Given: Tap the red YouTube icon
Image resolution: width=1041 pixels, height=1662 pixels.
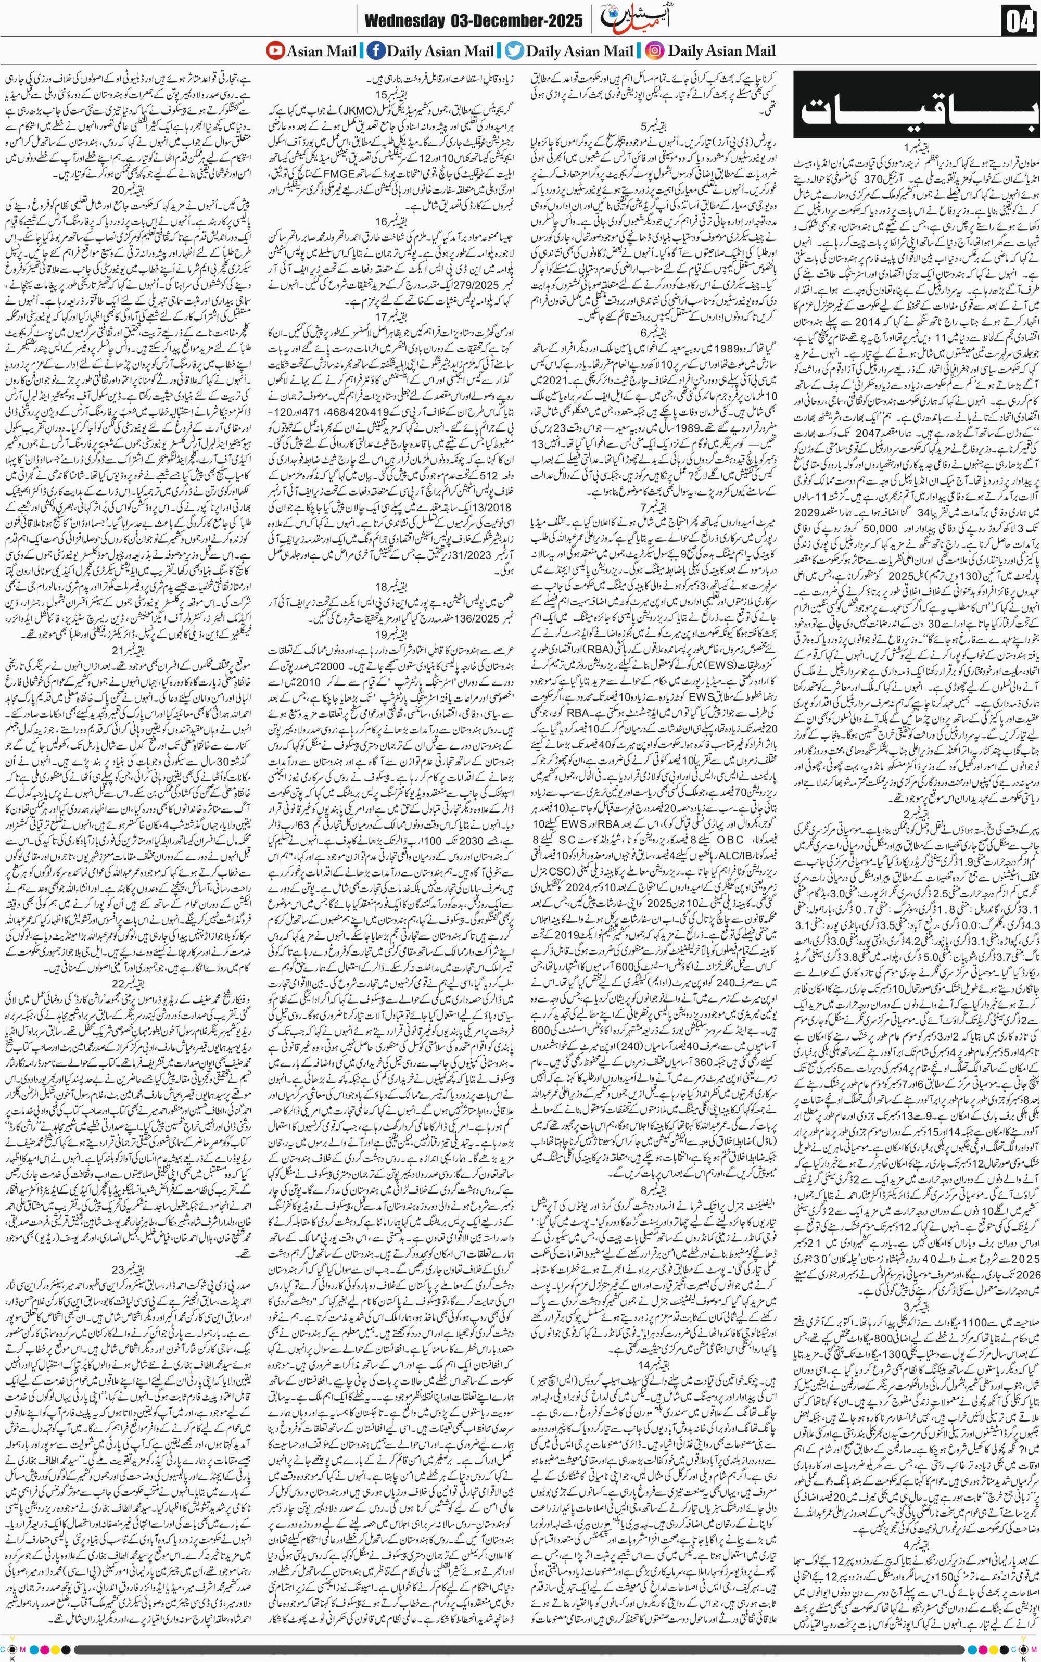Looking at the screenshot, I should click(275, 50).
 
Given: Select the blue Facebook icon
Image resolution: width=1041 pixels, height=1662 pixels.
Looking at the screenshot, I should click(375, 50).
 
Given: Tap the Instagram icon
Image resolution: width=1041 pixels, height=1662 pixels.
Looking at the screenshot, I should click(655, 50).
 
